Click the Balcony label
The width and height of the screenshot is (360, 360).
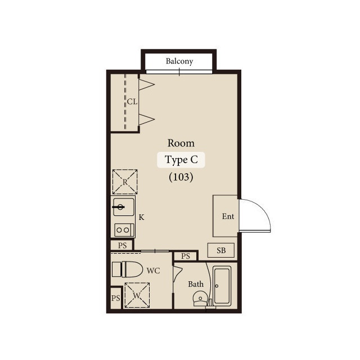179,61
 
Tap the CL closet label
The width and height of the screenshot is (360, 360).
132,101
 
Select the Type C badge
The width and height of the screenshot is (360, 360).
181,160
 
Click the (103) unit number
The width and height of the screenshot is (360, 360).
181,177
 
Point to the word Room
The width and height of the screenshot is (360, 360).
181,143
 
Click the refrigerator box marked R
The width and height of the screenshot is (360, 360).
125,182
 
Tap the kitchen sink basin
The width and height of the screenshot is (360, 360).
124,207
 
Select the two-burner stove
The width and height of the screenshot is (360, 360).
124,230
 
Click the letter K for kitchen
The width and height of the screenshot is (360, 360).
141,217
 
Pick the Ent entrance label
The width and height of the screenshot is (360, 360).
228,216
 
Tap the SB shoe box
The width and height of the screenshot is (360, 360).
221,250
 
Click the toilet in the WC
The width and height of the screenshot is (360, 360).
128,269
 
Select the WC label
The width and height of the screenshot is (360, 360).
153,271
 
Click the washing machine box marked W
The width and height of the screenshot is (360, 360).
137,295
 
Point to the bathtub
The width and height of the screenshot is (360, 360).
222,286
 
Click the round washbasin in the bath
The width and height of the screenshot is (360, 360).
200,298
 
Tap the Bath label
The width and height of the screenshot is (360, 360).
196,284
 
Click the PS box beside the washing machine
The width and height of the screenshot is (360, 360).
116,298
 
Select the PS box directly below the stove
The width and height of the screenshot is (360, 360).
122,245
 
